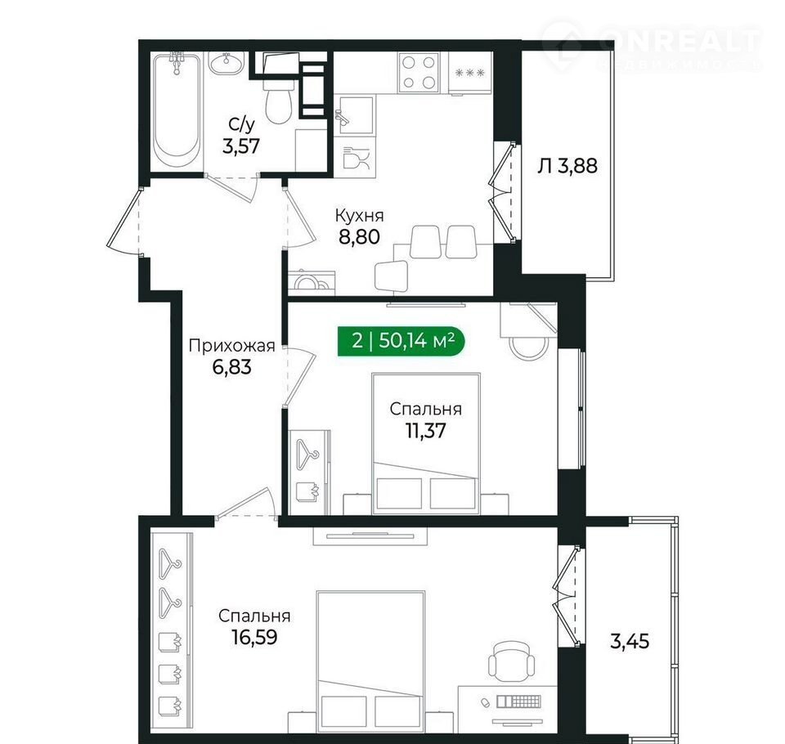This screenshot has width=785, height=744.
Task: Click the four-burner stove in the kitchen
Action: point(419,72)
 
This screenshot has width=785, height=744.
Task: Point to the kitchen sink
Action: point(354,116)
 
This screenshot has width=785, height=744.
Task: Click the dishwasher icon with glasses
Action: point(357,159)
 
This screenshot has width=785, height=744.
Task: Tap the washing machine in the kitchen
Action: point(312,282)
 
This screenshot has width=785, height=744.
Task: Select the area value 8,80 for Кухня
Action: point(360,236)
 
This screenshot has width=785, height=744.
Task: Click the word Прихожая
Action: point(231,346)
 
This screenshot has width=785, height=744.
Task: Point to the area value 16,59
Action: point(254,637)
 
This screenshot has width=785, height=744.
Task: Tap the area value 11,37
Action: point(425,431)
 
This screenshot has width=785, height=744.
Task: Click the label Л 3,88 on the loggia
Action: point(567,166)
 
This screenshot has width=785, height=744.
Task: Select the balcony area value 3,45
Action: point(630,641)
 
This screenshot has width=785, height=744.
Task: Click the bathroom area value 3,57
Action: point(242,146)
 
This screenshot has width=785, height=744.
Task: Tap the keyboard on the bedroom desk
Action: point(518,701)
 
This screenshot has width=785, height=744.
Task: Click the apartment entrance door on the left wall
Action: point(123,219)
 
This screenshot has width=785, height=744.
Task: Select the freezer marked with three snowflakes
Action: point(469,73)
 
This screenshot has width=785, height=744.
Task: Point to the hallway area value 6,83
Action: point(231,367)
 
